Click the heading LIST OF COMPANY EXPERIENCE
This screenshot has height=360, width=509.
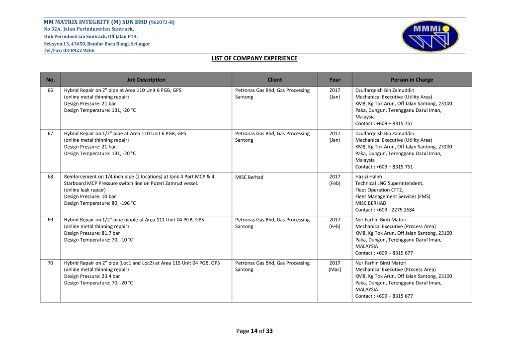254,58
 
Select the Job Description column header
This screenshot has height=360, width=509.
146,80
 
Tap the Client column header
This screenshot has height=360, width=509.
274,80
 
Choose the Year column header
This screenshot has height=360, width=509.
335,80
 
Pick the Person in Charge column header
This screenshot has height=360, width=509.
412,80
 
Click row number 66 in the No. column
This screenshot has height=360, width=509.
50,90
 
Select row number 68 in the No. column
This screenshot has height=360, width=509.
50,177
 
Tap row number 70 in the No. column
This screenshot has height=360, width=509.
50,263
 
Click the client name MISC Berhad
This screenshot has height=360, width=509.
249,177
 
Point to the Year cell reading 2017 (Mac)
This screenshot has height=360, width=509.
335,267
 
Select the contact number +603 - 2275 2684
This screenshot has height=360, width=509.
385,210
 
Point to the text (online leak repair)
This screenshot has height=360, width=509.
85,190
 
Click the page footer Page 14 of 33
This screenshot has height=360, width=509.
254,331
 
